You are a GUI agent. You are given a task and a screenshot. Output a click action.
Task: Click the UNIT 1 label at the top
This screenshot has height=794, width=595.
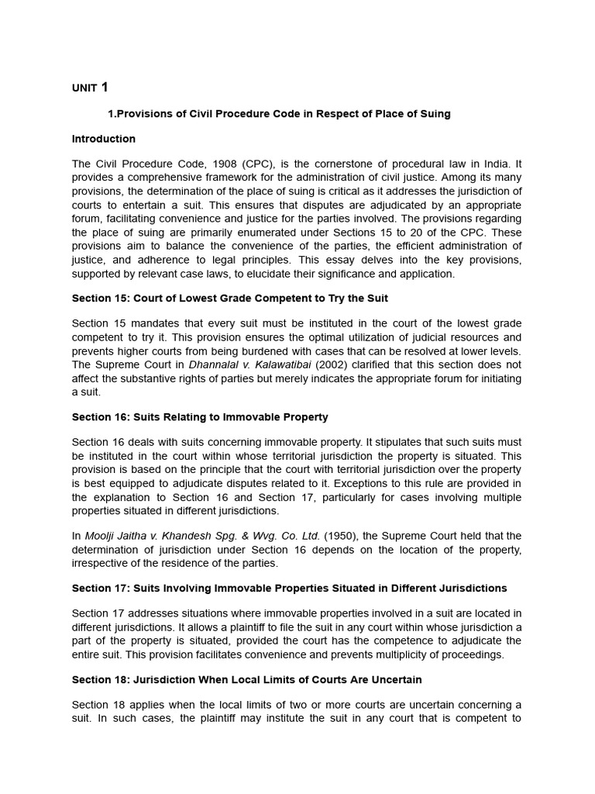90,88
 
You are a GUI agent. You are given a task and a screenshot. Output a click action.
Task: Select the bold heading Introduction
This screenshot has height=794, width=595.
103,139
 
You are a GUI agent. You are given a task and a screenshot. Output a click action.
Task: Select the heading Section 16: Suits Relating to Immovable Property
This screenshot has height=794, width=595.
200,417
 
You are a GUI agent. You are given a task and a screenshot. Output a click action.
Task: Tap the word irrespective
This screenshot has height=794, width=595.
100,562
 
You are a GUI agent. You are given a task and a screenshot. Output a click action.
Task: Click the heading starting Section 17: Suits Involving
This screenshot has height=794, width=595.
290,589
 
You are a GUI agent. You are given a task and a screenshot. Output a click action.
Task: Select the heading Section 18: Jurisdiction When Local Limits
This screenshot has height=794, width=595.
246,680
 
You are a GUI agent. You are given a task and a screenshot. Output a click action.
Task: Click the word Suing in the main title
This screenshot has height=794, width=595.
434,114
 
